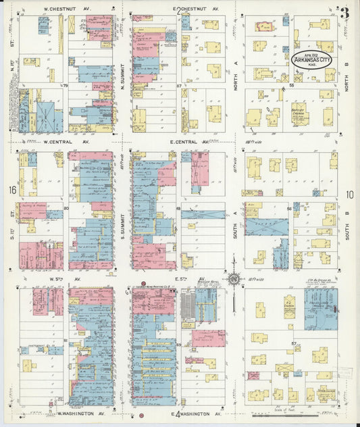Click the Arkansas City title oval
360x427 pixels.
(311, 60)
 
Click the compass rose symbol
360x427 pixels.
(234, 278)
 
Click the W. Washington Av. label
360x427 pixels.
(76, 413)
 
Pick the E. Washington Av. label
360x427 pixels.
(197, 413)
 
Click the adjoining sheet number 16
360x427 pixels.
(11, 191)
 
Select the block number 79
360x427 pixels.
(66, 86)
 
